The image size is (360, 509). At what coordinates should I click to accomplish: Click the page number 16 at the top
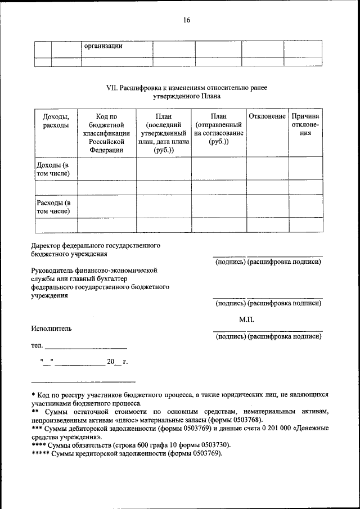point(186,20)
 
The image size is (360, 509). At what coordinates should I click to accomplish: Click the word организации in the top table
point(103,46)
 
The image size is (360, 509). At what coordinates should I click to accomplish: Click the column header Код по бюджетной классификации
point(106,133)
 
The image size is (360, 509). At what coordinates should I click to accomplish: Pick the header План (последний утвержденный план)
point(163,133)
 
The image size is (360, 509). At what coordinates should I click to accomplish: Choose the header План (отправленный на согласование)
point(219,129)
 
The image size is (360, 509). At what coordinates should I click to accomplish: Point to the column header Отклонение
point(267,116)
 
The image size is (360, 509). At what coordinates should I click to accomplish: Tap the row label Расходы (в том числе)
point(54,207)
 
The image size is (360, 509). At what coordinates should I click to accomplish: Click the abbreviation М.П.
point(246,319)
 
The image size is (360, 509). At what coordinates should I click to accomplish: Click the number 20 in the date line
point(110,361)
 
